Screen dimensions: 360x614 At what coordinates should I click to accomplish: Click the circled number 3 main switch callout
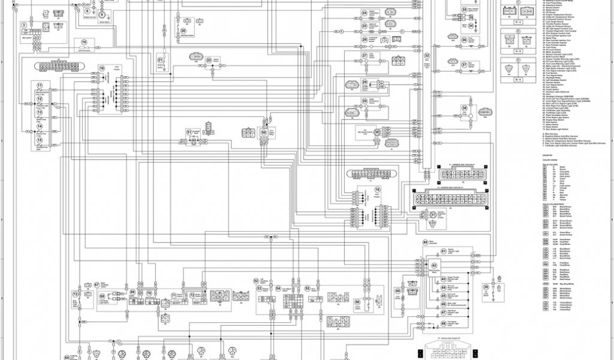pos(23,25)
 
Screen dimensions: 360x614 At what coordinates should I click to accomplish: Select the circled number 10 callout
pos(84,42)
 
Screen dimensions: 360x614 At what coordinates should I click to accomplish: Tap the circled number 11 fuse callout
pos(40,87)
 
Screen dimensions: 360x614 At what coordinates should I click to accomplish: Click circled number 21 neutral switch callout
pos(161,61)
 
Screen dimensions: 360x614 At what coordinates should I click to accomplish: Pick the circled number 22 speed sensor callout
pos(209,61)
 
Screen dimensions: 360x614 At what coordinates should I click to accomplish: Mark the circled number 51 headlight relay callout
pos(189,131)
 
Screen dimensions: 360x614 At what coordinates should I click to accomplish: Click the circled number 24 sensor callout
pos(364,13)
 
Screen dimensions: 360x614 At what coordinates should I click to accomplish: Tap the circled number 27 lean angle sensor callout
pos(364,55)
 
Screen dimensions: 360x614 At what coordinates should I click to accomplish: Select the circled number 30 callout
pos(377,131)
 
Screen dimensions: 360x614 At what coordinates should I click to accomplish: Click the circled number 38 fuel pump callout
pos(463,108)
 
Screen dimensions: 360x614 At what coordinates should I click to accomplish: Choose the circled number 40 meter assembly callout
pos(425,242)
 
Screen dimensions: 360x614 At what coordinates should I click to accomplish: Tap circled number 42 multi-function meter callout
pos(434,265)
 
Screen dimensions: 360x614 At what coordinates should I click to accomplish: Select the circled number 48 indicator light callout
pos(444,323)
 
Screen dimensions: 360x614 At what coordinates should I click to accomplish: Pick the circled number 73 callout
pos(75,295)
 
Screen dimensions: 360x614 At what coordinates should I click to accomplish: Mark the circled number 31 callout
pos(433,214)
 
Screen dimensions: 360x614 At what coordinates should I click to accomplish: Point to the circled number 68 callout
pos(102,296)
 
